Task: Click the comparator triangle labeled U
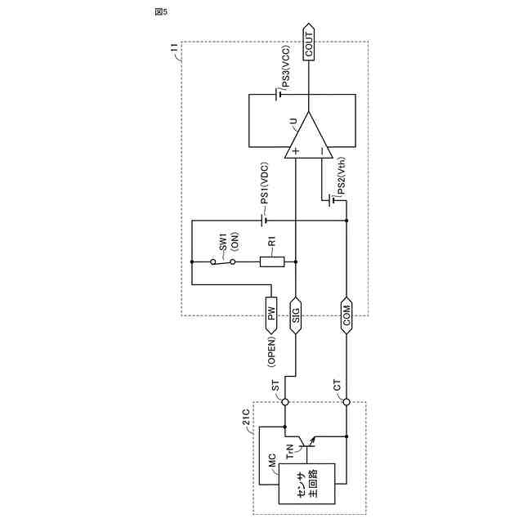coord(307,136)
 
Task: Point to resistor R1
coord(272,261)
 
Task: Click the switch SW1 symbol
coord(222,261)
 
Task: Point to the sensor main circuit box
coord(301,485)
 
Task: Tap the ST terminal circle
coord(285,401)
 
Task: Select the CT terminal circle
coord(346,401)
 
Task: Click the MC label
coord(270,462)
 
